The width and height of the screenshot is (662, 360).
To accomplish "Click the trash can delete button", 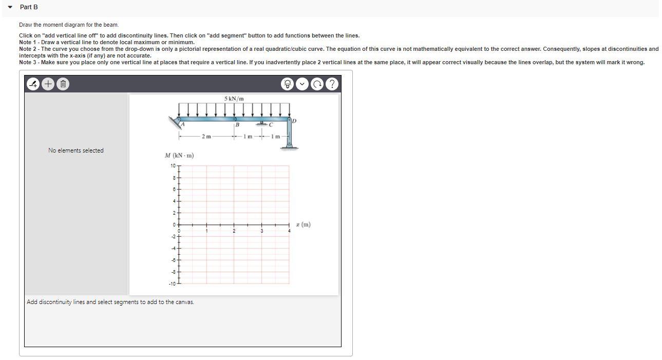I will (62, 84).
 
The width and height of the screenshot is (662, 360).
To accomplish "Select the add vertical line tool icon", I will (33, 84).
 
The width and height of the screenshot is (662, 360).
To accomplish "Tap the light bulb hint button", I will (288, 84).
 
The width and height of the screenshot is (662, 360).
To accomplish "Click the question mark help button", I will (333, 84).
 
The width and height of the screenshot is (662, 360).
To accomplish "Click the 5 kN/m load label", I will (234, 99).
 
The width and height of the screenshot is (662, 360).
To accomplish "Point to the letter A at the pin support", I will (182, 124).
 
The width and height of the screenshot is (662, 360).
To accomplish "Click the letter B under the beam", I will (238, 125).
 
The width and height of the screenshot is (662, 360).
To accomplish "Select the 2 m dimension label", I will (206, 137).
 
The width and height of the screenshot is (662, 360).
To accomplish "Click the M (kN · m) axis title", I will (179, 155).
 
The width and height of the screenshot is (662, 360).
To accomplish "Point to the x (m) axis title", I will (303, 224).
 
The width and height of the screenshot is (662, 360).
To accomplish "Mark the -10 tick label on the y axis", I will (172, 283).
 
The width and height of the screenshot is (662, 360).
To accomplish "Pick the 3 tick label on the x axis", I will (261, 231).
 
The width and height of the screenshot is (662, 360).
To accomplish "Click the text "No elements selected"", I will (76, 150).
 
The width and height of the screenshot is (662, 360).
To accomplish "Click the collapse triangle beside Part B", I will (10, 7).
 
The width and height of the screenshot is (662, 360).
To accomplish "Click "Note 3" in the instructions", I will (29, 62).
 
